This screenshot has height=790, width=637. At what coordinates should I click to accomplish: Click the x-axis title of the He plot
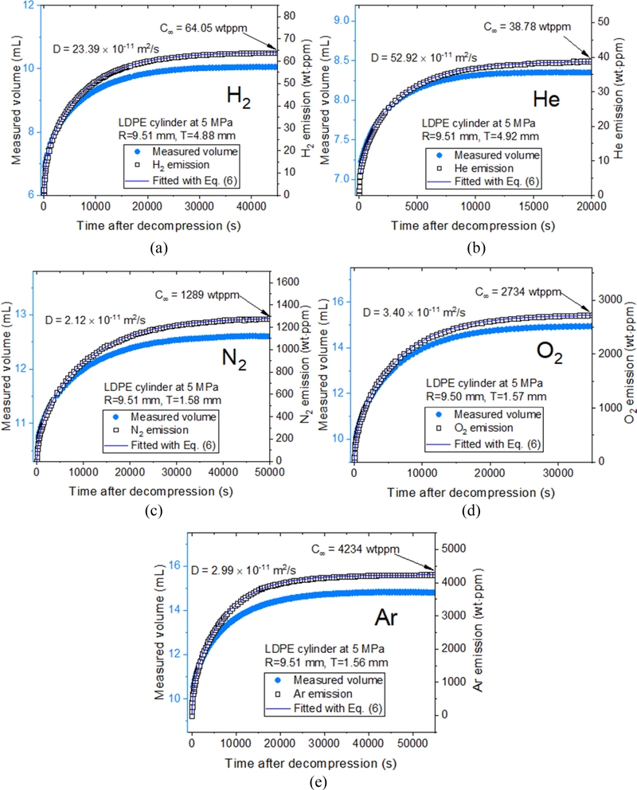(x=473, y=225)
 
